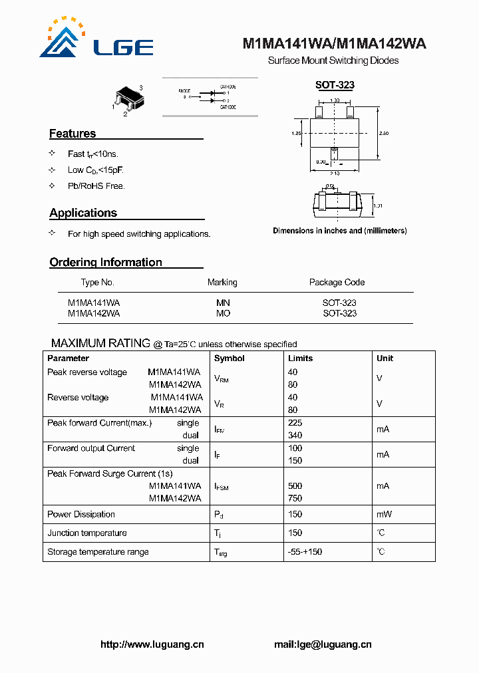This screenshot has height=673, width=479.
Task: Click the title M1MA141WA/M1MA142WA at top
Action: (x=334, y=44)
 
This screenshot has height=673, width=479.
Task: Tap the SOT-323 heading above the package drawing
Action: (x=335, y=85)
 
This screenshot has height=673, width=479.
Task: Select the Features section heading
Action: (x=73, y=134)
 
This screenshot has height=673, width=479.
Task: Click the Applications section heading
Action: (x=83, y=213)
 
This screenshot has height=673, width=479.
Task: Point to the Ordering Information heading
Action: (x=106, y=262)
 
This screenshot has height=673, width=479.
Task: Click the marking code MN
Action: (x=223, y=303)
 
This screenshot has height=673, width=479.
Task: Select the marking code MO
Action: (x=223, y=313)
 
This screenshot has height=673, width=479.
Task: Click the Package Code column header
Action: (x=337, y=282)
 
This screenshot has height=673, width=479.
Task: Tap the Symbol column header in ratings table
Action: (x=230, y=358)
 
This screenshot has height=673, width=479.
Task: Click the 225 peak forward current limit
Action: (x=295, y=423)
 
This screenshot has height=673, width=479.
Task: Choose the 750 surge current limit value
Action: (x=295, y=498)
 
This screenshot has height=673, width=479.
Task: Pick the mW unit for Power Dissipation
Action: (x=384, y=514)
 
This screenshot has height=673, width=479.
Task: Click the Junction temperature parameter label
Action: (x=86, y=533)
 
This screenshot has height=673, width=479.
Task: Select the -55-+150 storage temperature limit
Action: (x=305, y=552)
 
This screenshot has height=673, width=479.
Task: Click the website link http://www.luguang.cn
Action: (x=152, y=644)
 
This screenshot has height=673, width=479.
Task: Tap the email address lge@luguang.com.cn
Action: (x=323, y=644)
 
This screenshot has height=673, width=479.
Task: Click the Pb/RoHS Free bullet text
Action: (x=96, y=186)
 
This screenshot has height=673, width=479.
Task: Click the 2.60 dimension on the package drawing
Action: (x=384, y=133)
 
